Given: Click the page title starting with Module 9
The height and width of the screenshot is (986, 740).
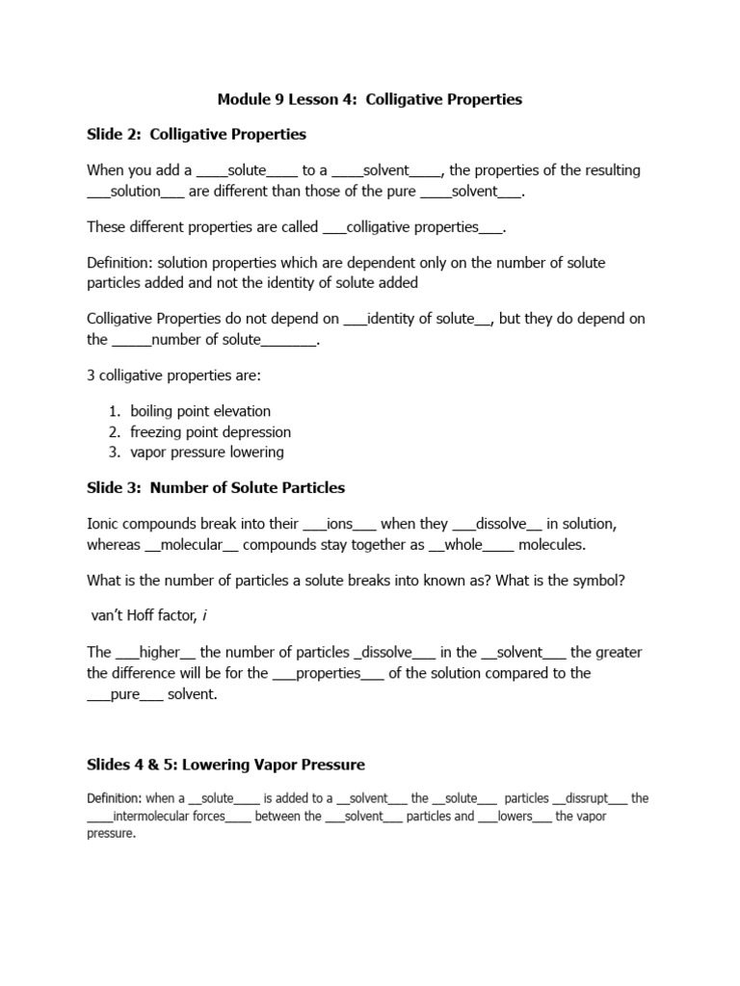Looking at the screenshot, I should coord(370,99).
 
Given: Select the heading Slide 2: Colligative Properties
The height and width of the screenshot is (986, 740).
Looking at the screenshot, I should coord(197,134).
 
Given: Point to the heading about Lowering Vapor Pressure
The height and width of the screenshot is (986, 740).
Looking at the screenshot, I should coord(226,765).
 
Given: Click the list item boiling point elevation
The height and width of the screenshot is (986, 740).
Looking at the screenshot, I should coord(200,411).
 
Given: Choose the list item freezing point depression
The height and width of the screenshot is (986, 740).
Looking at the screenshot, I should coord(210,431).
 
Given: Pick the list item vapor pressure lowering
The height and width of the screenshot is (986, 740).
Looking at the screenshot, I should coord(207,452).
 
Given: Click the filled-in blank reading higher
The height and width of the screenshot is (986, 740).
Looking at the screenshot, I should coord(160,652).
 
